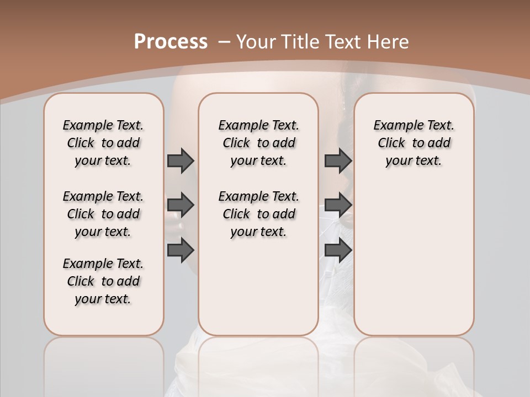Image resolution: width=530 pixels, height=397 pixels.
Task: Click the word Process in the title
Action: [x=171, y=42]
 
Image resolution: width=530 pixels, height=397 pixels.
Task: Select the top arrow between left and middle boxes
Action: [x=181, y=160]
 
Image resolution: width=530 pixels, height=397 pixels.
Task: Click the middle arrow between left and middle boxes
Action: [x=181, y=205]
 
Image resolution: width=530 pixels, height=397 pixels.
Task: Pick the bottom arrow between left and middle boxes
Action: [x=181, y=251]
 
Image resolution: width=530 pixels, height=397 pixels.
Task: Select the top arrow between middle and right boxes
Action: [x=338, y=160]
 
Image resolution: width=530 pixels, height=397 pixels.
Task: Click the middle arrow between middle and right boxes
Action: [x=338, y=205]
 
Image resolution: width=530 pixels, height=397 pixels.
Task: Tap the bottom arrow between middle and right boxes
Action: [x=338, y=251]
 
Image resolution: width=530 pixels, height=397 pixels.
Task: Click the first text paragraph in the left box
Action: [x=103, y=143]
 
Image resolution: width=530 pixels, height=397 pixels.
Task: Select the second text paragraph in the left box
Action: [x=103, y=214]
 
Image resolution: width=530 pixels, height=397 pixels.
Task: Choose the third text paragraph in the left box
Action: [x=103, y=281]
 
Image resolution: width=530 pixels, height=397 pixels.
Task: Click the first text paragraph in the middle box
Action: [x=258, y=143]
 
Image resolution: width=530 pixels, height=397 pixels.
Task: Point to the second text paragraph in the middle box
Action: [x=258, y=214]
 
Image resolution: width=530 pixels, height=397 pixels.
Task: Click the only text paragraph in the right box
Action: [x=414, y=143]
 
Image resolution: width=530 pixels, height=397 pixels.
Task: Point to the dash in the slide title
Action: [x=224, y=42]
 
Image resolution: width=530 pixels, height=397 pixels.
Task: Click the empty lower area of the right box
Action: [x=414, y=259]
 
